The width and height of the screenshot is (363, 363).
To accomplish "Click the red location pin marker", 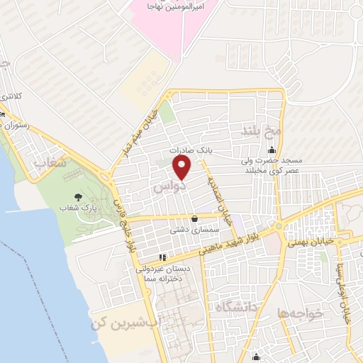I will pyautogui.click(x=182, y=169).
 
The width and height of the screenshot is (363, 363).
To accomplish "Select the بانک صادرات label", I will pyautogui.click(x=191, y=151).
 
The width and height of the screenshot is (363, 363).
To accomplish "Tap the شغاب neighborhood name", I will pyautogui.click(x=50, y=164).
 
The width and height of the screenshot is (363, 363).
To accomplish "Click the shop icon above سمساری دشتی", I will pyautogui.click(x=194, y=219).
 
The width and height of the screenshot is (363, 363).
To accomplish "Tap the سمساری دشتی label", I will pyautogui.click(x=188, y=230).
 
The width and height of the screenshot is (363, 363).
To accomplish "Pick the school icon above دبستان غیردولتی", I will pyautogui.click(x=162, y=257).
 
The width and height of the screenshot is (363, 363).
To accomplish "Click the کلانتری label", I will pyautogui.click(x=10, y=94).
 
